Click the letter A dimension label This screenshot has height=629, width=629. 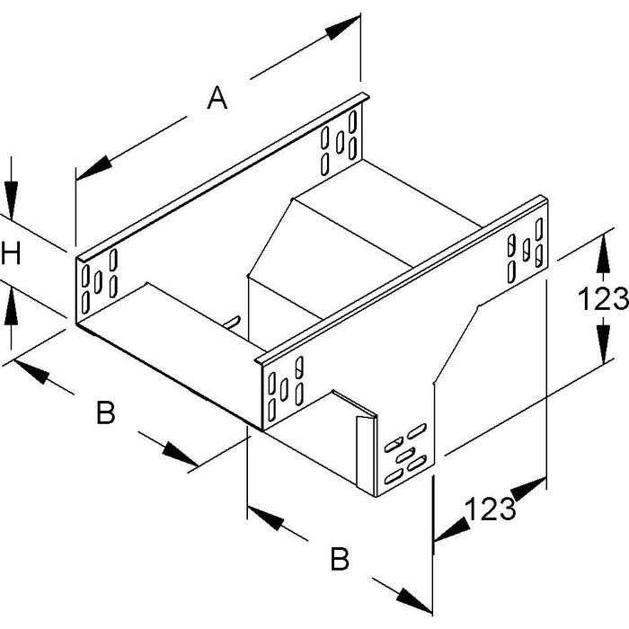coord(217,97)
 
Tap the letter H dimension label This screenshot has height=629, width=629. coord(11,252)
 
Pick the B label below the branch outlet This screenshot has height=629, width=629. coord(340,558)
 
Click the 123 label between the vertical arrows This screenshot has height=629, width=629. coord(603,299)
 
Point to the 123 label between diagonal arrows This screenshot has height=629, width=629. coord(491,509)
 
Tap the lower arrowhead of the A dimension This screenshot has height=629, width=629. coord(93,168)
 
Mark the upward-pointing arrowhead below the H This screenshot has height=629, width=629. coord(11,306)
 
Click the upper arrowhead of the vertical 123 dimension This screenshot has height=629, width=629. coord(603,254)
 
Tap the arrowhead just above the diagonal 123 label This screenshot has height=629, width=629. coord(528,488)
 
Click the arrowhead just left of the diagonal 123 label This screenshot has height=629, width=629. coord(452,528)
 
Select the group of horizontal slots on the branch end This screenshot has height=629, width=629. coord(405,453)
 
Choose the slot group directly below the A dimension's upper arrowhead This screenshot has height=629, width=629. coord(339,142)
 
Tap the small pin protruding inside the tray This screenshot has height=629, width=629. coord(232,323)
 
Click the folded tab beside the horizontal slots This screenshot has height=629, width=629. coord(366,456)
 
